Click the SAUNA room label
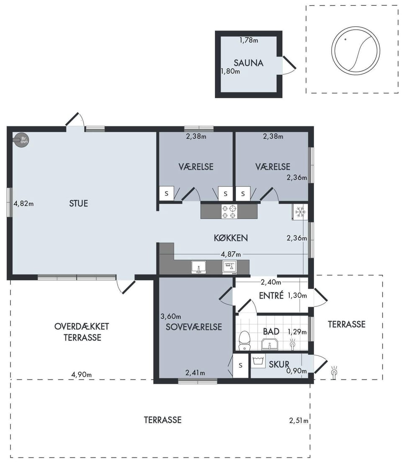tap(248, 63)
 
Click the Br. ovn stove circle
tap(22, 140)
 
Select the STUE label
tap(78, 203)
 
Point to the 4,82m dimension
tap(23, 204)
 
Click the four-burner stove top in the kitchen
tap(229, 211)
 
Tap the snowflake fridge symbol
tap(300, 212)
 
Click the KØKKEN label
tap(231, 238)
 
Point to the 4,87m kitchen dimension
tap(231, 254)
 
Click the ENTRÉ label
tap(271, 295)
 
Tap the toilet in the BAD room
tap(245, 340)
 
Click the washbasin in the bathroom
tap(270, 345)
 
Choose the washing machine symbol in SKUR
tap(258, 361)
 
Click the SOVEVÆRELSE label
tap(193, 327)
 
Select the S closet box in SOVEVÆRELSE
tap(240, 365)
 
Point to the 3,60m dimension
tap(171, 317)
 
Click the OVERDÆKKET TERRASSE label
tap(82, 332)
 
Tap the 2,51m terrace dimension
tap(299, 421)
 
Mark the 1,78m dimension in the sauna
tap(249, 40)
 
